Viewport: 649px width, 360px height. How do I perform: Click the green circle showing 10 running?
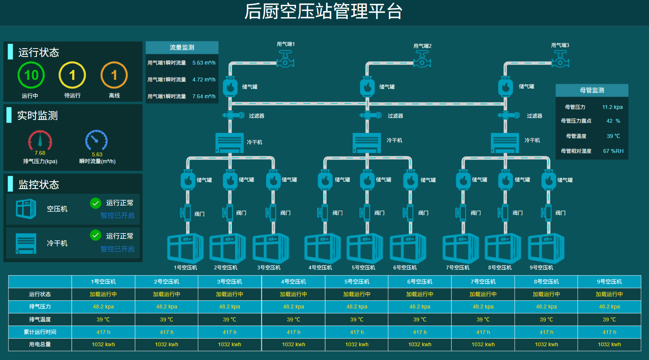click(31, 75)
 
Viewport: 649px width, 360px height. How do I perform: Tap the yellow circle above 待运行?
click(72, 75)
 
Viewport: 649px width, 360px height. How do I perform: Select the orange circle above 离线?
click(114, 75)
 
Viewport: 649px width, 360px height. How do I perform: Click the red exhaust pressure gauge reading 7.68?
click(40, 141)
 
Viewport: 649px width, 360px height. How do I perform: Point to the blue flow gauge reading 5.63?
click(97, 141)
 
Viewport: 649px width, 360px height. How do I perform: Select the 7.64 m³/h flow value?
click(204, 96)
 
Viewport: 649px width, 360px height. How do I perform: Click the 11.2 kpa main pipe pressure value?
click(612, 107)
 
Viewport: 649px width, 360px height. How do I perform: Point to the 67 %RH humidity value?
click(613, 151)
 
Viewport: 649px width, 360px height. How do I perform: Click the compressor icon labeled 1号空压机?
click(185, 248)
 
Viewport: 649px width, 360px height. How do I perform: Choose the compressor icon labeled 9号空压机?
click(546, 249)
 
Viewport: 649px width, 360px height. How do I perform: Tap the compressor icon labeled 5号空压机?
click(364, 248)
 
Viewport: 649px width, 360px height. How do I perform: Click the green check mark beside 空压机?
click(95, 203)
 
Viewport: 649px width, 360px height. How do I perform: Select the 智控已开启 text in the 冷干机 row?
click(117, 249)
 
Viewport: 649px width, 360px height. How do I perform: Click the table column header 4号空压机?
click(293, 282)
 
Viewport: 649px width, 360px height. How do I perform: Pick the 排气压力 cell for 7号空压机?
click(483, 306)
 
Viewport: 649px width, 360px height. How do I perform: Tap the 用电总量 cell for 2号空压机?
click(167, 344)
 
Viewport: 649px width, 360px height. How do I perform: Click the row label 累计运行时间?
click(40, 332)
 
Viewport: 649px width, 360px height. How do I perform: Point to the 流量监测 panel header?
click(182, 47)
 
